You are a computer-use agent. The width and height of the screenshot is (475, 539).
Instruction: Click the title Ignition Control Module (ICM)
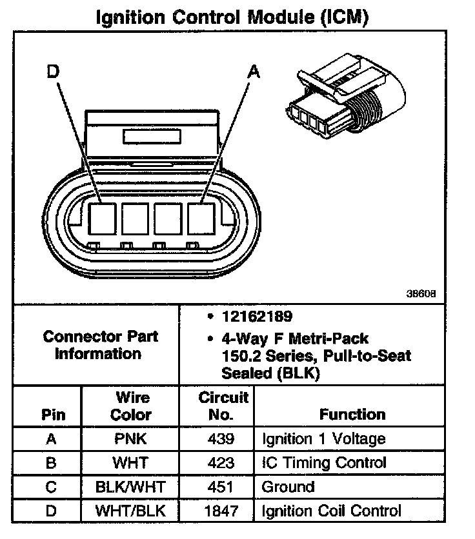click(232, 17)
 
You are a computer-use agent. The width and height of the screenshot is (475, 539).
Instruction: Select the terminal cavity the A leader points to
click(201, 218)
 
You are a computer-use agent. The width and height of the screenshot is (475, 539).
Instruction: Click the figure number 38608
click(421, 293)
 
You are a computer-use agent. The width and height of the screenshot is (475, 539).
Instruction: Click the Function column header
click(352, 415)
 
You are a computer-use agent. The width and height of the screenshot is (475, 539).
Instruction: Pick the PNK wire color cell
click(131, 439)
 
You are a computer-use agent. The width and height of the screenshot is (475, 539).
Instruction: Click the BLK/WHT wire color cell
click(131, 487)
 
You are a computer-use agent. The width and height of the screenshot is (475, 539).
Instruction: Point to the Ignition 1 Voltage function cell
click(323, 439)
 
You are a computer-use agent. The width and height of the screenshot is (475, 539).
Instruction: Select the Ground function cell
click(288, 487)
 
